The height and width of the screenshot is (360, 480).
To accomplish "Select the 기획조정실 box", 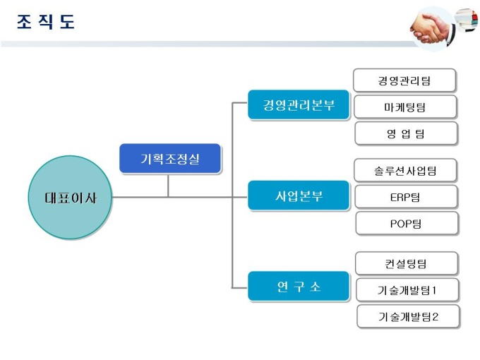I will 169,159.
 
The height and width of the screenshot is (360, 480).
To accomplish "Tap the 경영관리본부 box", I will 298,105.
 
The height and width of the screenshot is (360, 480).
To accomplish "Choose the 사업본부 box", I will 298,196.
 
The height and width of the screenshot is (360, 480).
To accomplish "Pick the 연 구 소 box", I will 298,286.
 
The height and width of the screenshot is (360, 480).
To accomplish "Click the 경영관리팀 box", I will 404,80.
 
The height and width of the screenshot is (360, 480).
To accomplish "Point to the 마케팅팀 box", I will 404,107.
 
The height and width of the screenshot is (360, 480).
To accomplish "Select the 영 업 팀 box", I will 405,133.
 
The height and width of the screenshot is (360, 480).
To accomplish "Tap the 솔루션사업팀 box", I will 405,170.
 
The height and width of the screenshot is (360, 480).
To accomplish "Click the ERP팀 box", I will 405,197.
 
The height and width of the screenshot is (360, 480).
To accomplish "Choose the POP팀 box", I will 405,224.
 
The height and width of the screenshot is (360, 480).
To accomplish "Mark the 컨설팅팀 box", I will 406,263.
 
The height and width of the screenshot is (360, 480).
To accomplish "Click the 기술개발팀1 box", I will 407,290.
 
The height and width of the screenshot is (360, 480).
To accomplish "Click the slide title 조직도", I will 46,23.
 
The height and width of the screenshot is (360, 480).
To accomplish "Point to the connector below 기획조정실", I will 168,185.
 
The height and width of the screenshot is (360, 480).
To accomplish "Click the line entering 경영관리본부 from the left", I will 240,102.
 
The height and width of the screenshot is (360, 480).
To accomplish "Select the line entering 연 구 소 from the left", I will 240,287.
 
